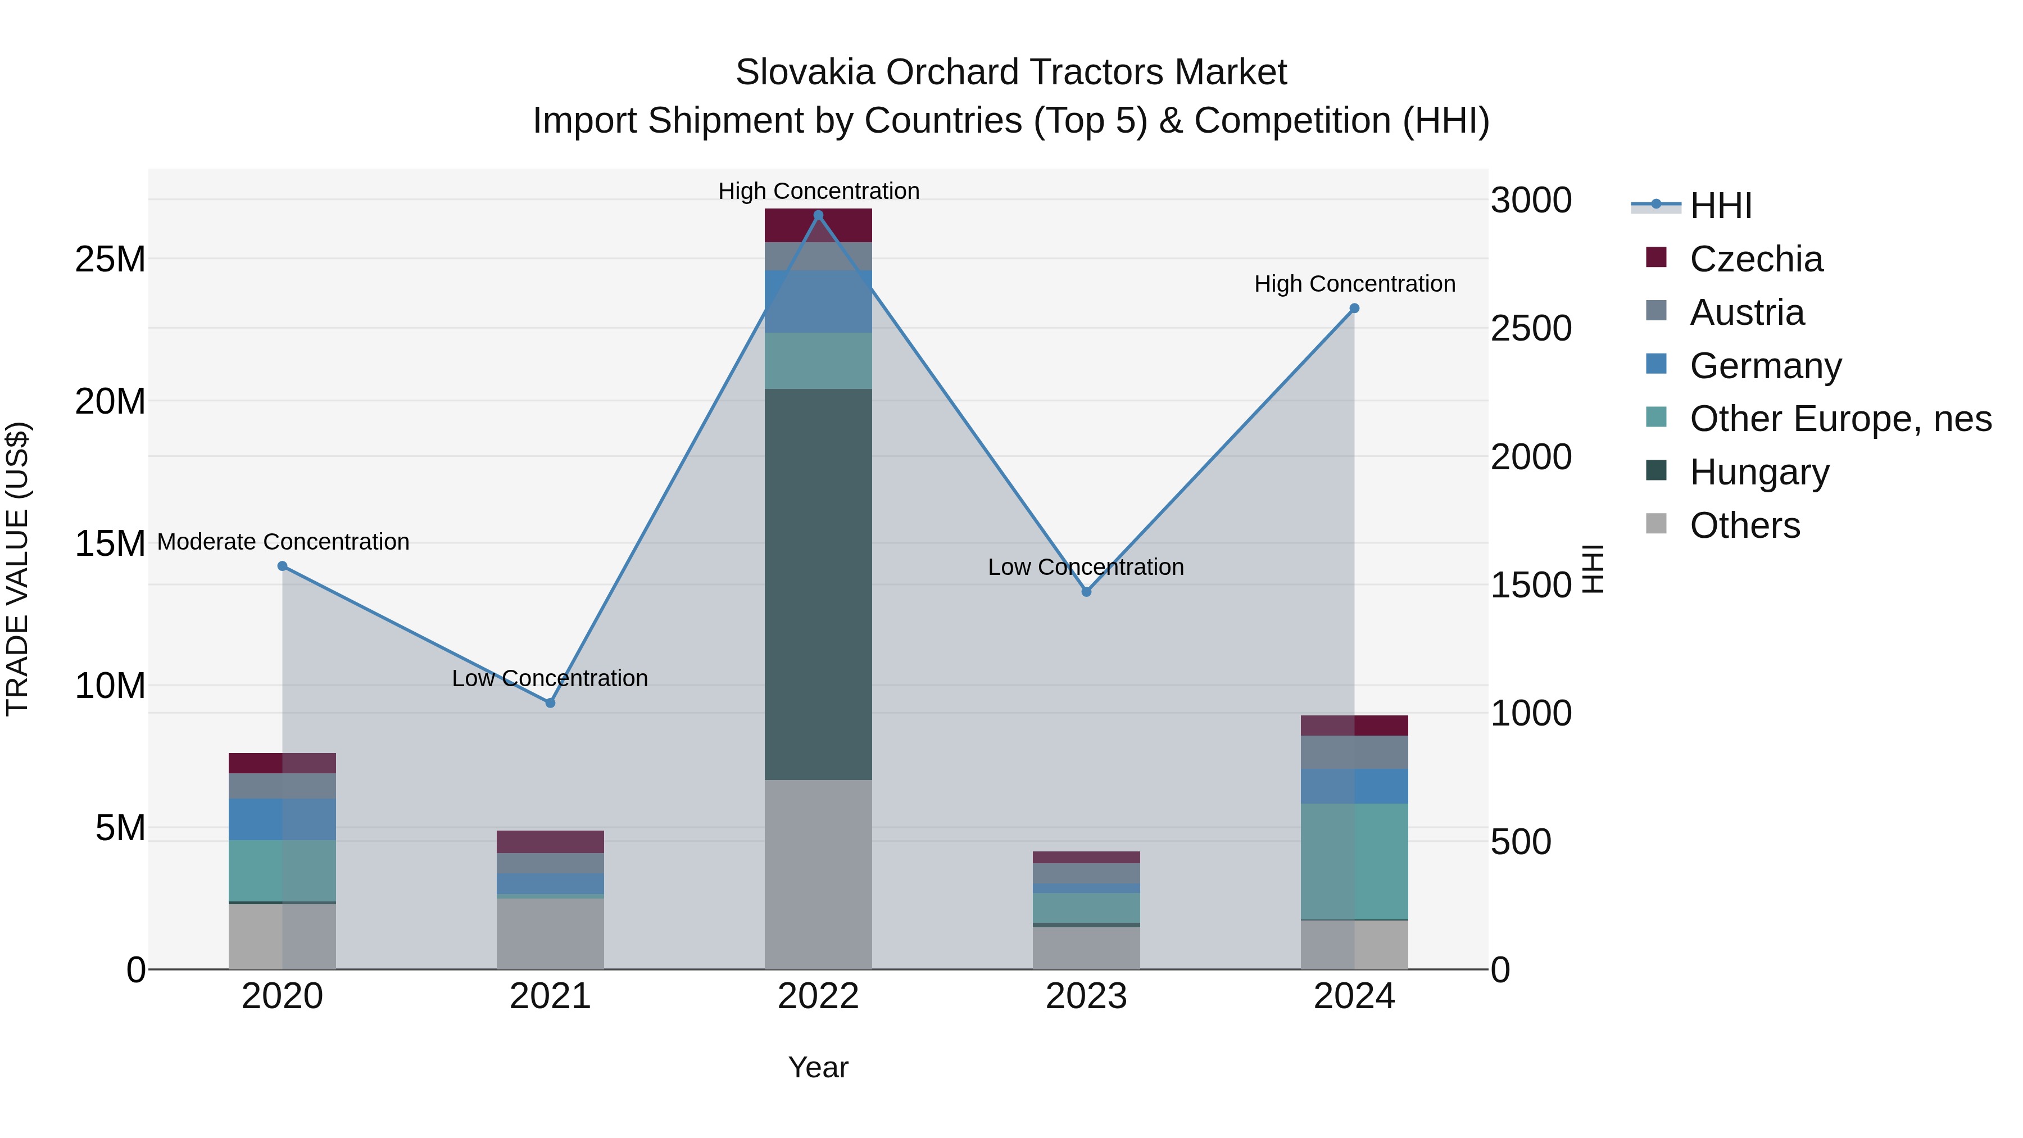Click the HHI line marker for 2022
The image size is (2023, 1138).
(x=818, y=215)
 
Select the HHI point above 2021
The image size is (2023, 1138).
(x=551, y=703)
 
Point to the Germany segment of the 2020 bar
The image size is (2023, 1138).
(x=282, y=819)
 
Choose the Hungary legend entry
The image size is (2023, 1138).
(x=1758, y=472)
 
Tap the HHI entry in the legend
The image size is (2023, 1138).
(x=1720, y=206)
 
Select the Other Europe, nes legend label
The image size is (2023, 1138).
(x=1840, y=419)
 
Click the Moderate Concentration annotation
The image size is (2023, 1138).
(x=284, y=542)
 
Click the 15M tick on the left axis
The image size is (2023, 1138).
(x=110, y=543)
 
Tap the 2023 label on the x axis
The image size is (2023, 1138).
(x=1086, y=996)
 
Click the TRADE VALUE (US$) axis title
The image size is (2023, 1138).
(x=17, y=569)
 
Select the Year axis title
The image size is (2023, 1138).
(x=818, y=1067)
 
